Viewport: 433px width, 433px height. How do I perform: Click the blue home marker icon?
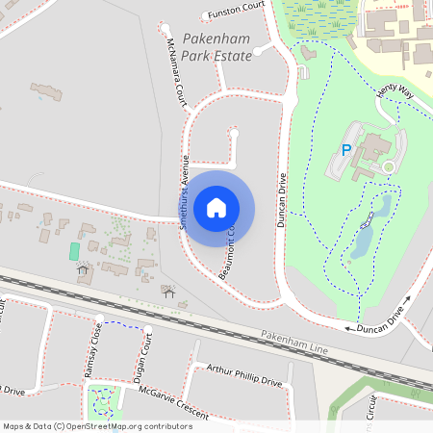(x=216, y=207)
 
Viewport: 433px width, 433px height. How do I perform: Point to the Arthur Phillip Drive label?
(x=244, y=374)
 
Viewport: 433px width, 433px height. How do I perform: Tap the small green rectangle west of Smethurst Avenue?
(x=74, y=250)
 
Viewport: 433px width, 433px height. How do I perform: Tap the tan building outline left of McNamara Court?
(x=46, y=92)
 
